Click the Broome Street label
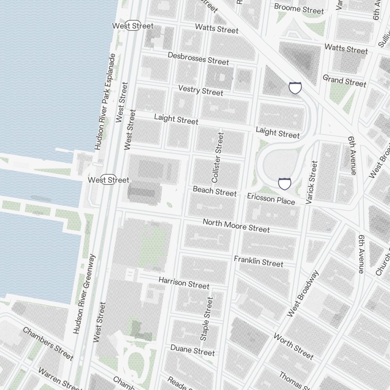299,9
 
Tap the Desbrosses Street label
198,58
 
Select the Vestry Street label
200,90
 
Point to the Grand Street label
344,81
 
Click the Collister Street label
218,158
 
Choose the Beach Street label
214,191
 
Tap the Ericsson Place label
271,199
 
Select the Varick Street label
312,182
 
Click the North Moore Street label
236,226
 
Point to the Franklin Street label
259,261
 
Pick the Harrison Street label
184,283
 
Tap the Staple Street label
207,319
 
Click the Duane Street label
193,349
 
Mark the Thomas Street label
291,380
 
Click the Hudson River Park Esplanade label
105,102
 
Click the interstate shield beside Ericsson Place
285,183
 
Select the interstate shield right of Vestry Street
295,87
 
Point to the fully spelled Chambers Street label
48,344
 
